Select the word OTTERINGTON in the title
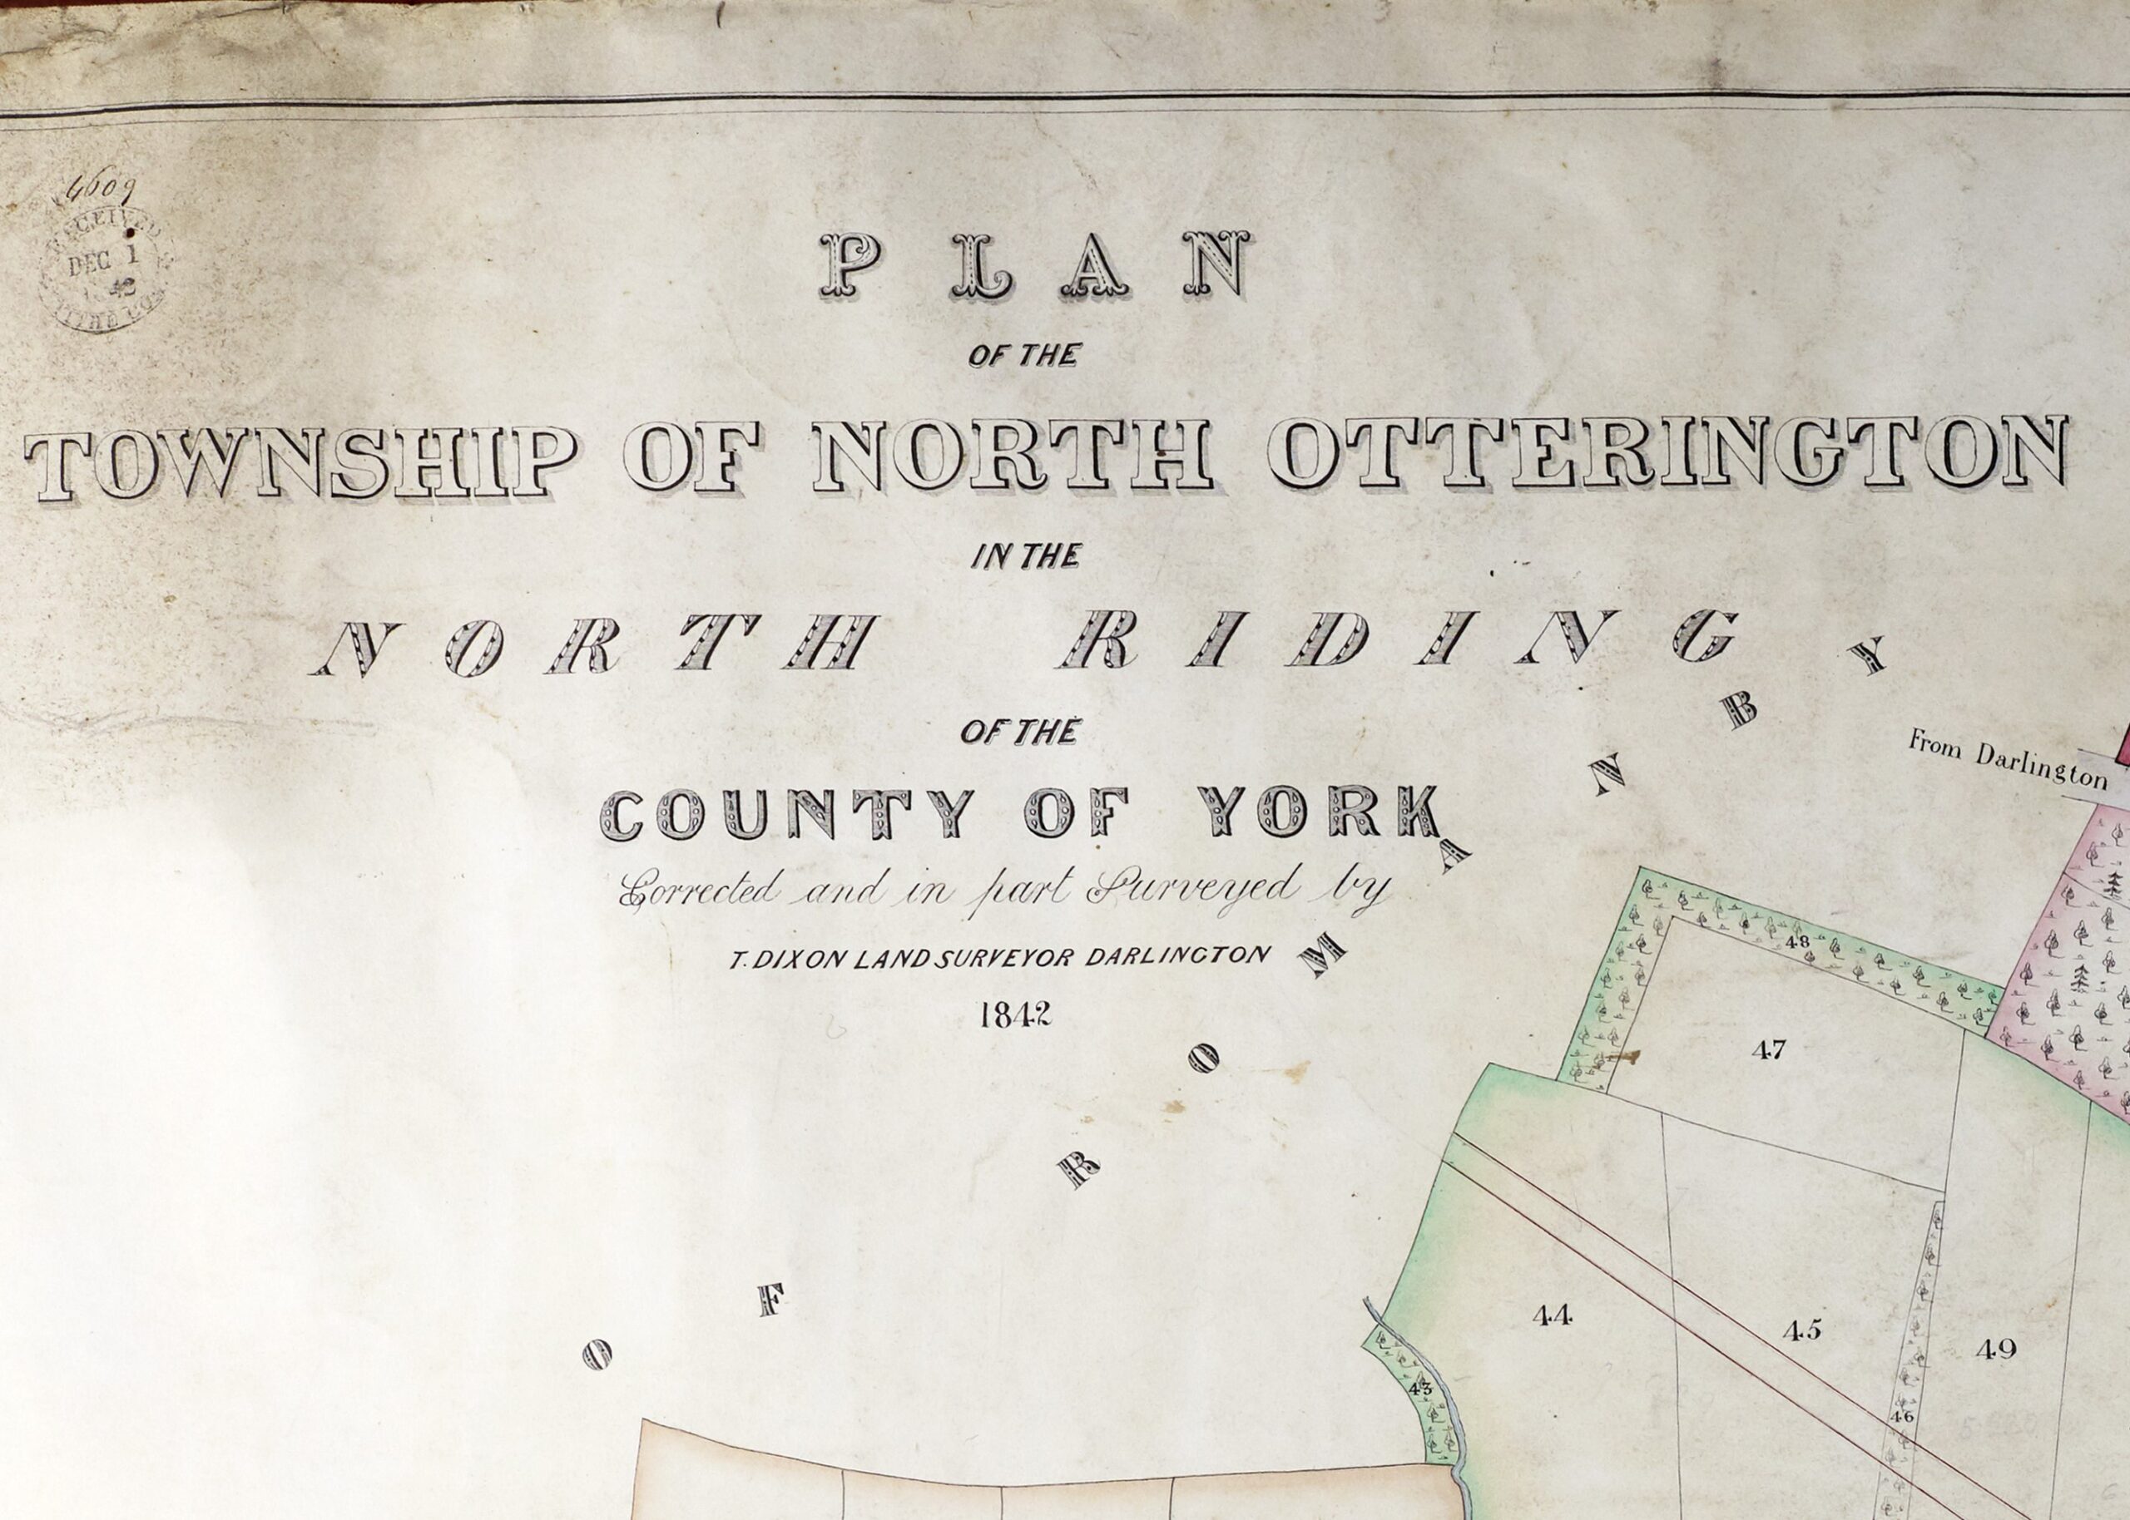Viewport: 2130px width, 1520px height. click(1667, 453)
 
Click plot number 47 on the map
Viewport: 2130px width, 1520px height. click(1769, 1050)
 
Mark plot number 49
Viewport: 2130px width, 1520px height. click(1995, 1350)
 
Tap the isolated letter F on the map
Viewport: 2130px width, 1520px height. click(770, 1301)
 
